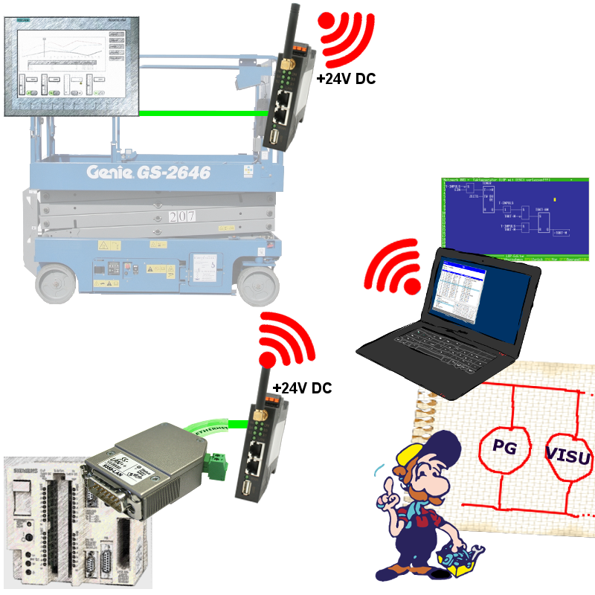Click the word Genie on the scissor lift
109,173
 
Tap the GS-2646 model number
173,173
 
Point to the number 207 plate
183,217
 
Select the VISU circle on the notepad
568,455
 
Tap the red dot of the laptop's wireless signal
409,284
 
